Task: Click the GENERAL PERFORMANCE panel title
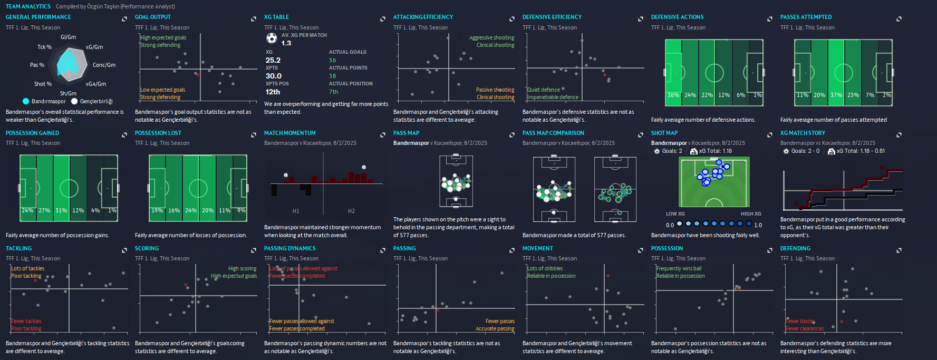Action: [38, 17]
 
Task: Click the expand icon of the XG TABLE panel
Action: [383, 19]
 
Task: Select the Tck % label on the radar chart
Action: [44, 47]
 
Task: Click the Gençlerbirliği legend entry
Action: [96, 101]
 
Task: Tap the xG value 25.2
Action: [273, 60]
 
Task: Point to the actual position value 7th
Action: [333, 92]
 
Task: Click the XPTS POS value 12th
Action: [273, 92]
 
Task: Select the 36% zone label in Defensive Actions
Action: [673, 95]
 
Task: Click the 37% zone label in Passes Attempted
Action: [836, 95]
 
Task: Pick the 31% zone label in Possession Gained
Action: [61, 210]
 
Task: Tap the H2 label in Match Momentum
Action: [351, 211]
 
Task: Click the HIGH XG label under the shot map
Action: [751, 214]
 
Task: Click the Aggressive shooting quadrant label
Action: [491, 37]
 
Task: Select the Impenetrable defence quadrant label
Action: [553, 97]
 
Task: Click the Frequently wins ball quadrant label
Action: [679, 268]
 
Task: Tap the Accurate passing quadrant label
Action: [495, 328]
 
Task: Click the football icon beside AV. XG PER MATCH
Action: [271, 38]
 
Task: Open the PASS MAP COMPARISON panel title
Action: [553, 133]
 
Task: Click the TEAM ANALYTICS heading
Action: [28, 6]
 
